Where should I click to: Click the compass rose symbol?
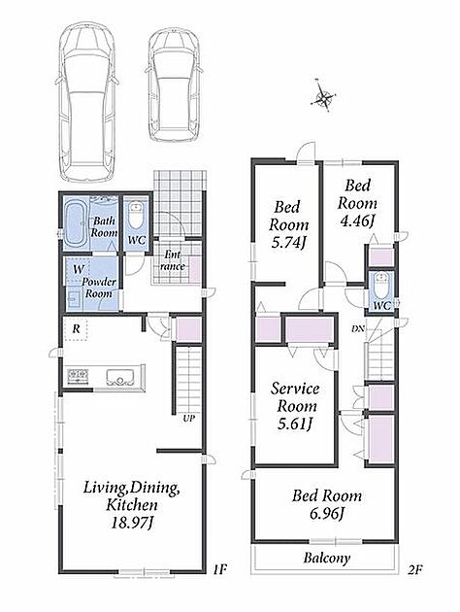pos(323,96)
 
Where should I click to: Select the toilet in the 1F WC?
pos(136,217)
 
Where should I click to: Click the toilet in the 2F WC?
pos(380,287)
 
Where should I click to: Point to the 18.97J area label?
pos(131,523)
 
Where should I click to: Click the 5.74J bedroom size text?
pos(288,243)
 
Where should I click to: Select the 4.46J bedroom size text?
pos(357,221)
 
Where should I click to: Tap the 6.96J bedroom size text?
pos(327,514)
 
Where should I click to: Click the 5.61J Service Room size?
pos(295,424)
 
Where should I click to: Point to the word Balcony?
pos(327,558)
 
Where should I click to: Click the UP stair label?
pos(189,419)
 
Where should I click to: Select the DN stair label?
pos(358,328)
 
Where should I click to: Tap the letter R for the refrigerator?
pos(76,329)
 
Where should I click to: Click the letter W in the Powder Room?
pos(79,269)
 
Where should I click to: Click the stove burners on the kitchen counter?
pos(78,376)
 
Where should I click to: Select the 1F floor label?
pos(219,569)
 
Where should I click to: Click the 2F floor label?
pos(415,569)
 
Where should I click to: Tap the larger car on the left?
pos(86,101)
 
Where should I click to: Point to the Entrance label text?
pos(173,260)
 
